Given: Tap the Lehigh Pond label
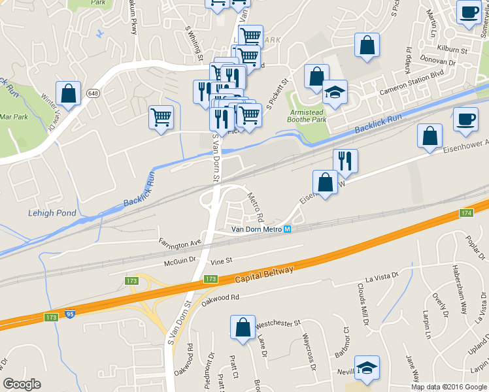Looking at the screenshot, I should [52, 213].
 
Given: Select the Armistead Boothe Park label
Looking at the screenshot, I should [308, 116].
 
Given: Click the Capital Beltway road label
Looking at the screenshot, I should [265, 274].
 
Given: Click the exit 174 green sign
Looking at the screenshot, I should [466, 213].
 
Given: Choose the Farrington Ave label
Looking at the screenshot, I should [180, 242].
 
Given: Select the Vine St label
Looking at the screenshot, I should [222, 261].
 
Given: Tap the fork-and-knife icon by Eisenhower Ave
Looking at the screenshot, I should [345, 161].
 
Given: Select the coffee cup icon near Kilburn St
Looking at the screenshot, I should [468, 12].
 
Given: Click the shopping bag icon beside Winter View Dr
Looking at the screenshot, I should [68, 93].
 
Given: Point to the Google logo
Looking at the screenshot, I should [22, 385].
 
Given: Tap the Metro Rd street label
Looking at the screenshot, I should [255, 205].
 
